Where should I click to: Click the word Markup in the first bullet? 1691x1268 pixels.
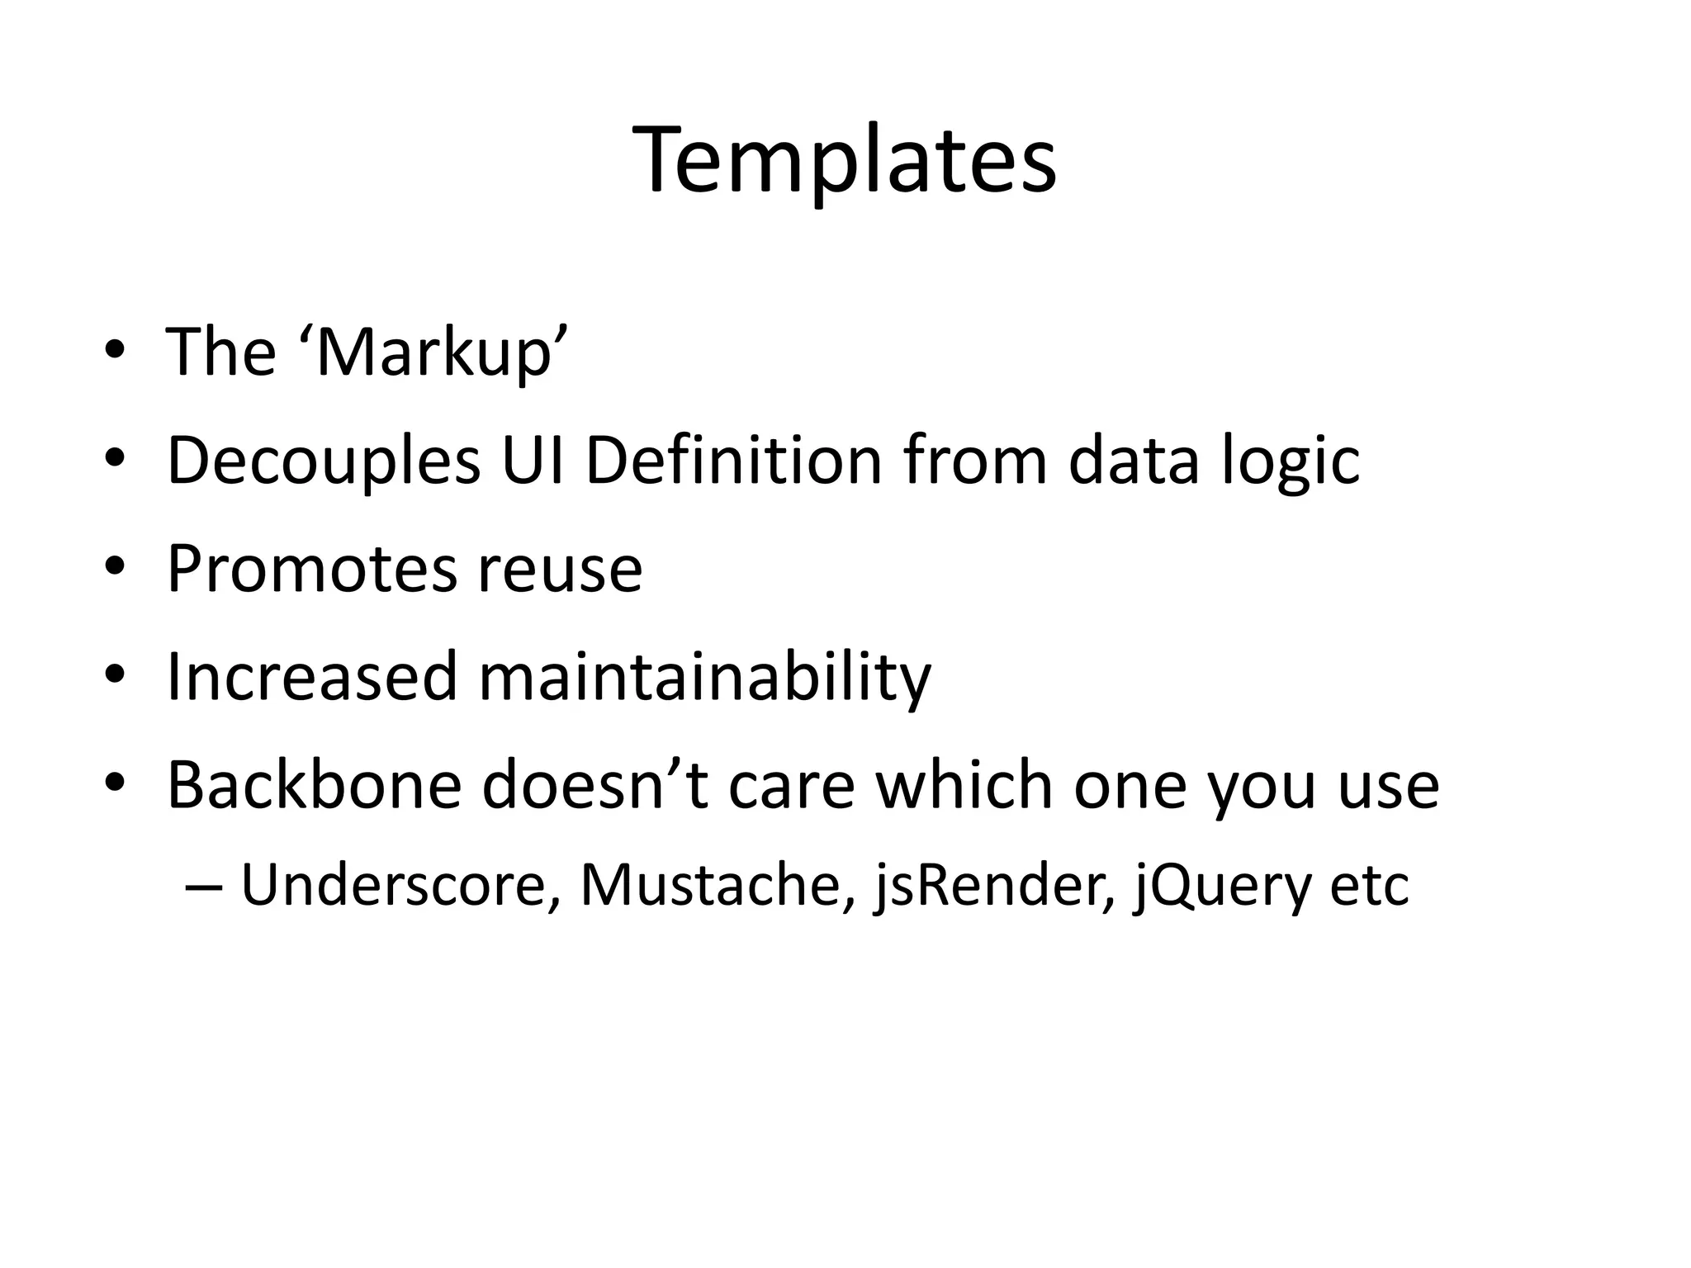coord(433,353)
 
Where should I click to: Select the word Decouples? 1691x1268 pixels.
coord(323,461)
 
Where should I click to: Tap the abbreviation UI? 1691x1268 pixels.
coord(533,461)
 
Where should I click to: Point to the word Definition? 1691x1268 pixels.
coord(733,461)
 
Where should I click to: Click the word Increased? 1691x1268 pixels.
coord(311,677)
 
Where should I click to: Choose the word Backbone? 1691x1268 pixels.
coord(314,785)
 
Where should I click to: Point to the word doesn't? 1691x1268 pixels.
coord(594,785)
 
